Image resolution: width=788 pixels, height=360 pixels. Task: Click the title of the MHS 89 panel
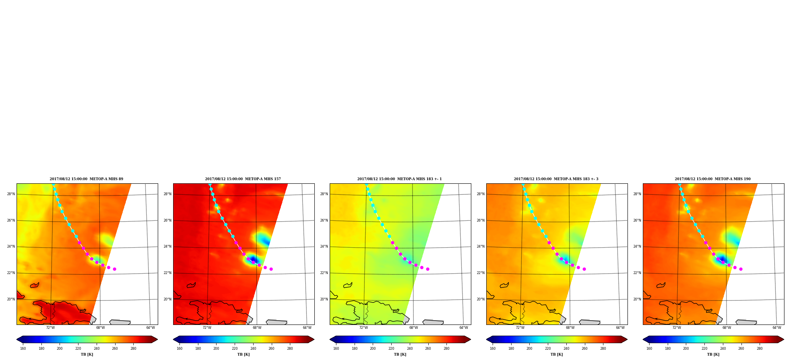pyautogui.click(x=86, y=179)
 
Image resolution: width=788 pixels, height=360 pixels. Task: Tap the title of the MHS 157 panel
pyautogui.click(x=243, y=179)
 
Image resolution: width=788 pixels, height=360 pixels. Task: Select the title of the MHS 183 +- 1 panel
pyautogui.click(x=400, y=179)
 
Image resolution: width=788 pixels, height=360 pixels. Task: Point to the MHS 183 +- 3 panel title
pyautogui.click(x=556, y=179)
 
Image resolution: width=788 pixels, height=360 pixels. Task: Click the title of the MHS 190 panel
pyautogui.click(x=713, y=179)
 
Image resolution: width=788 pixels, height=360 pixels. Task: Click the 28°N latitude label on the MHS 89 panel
pyautogui.click(x=11, y=194)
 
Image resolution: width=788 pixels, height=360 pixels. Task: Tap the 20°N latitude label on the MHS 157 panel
pyautogui.click(x=167, y=299)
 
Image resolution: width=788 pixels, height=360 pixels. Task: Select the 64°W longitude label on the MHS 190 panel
pyautogui.click(x=777, y=328)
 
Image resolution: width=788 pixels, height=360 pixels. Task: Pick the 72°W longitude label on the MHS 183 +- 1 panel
pyautogui.click(x=363, y=328)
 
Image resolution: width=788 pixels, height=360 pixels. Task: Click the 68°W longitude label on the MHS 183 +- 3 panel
pyautogui.click(x=570, y=328)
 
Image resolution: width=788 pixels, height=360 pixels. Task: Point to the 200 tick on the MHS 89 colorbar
pyautogui.click(x=60, y=349)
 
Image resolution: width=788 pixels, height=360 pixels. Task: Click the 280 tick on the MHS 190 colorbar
pyautogui.click(x=760, y=349)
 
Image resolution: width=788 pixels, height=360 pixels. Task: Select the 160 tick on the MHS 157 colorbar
pyautogui.click(x=179, y=349)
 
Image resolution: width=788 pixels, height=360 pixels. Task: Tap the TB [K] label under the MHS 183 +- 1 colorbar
pyautogui.click(x=400, y=354)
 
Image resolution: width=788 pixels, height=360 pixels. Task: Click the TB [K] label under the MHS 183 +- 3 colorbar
pyautogui.click(x=556, y=354)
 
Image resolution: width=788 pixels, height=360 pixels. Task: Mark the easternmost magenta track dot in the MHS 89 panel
pyautogui.click(x=114, y=269)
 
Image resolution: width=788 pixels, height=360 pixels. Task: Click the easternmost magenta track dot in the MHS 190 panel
pyautogui.click(x=741, y=269)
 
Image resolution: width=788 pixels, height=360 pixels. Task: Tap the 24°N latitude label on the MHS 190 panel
pyautogui.click(x=637, y=247)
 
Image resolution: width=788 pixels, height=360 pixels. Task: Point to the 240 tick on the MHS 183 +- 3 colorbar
pyautogui.click(x=566, y=349)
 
